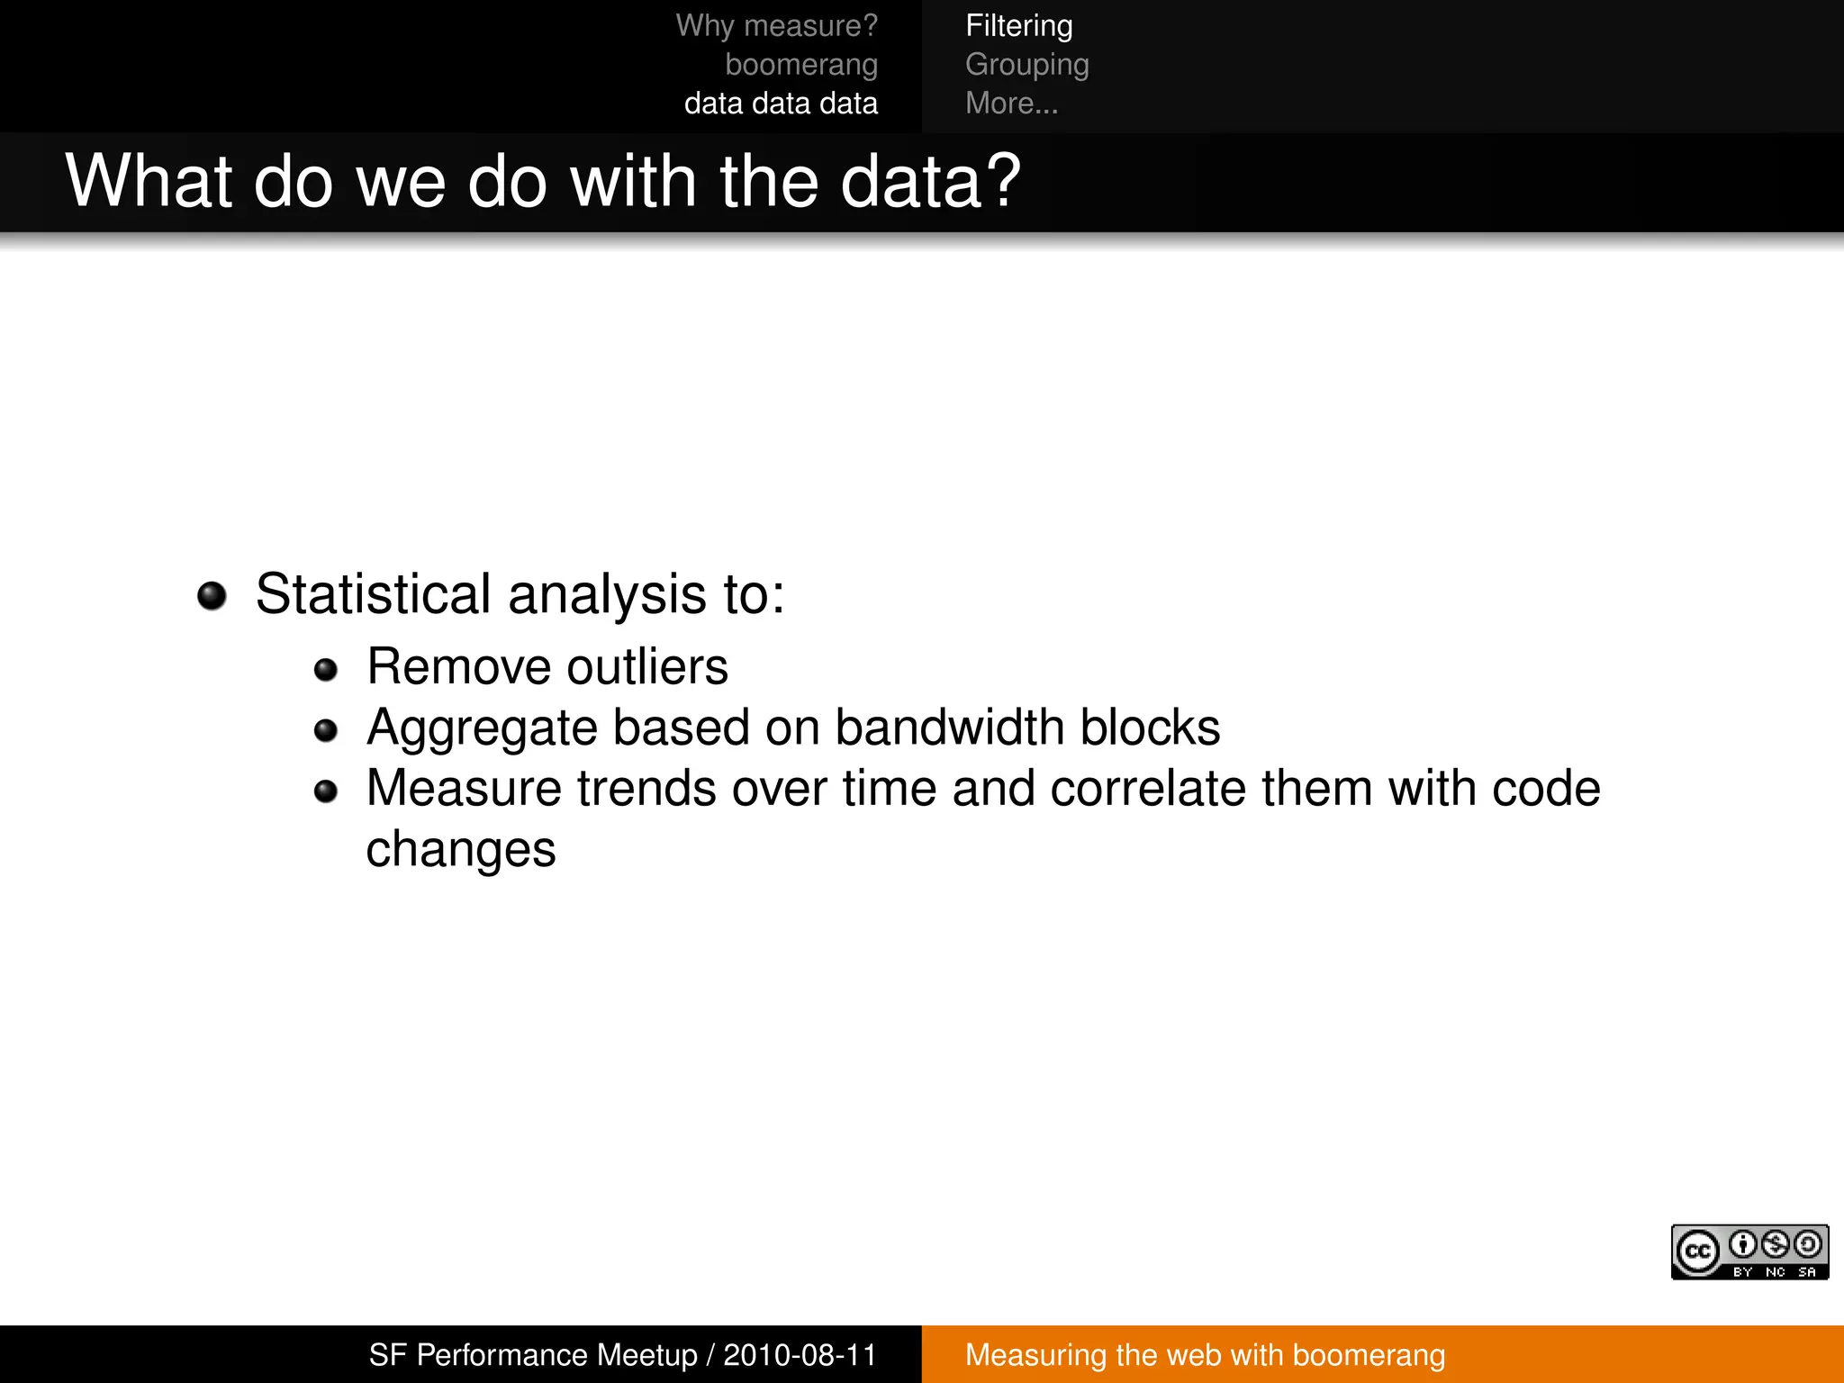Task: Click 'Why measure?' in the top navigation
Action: (x=776, y=26)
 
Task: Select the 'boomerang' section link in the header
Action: (x=801, y=65)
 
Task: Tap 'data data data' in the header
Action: (x=781, y=104)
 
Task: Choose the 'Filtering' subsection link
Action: (x=1018, y=26)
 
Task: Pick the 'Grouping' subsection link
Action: (x=1026, y=65)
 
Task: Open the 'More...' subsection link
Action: (x=1011, y=104)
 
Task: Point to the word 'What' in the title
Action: (x=149, y=181)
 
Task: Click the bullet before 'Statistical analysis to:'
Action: (x=212, y=596)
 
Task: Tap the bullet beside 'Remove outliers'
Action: (x=325, y=670)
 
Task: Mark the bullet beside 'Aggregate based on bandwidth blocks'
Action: (x=325, y=730)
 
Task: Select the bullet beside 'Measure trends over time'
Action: (x=325, y=791)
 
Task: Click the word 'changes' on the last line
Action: (x=461, y=850)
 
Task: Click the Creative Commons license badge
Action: (x=1749, y=1252)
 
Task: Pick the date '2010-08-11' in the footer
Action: (x=800, y=1355)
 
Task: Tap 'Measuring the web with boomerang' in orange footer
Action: (x=1205, y=1355)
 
